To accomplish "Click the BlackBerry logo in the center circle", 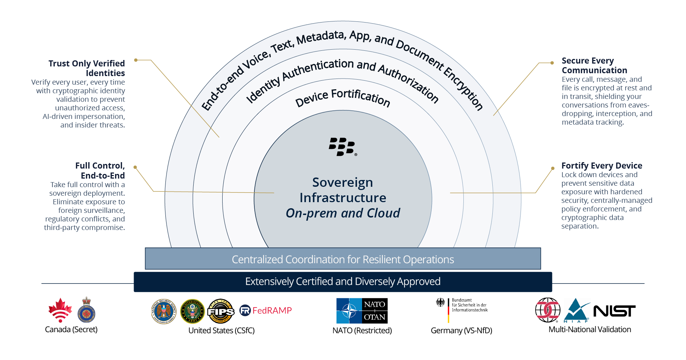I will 342,147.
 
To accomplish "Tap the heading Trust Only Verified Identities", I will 87,68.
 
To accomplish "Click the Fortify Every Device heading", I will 602,166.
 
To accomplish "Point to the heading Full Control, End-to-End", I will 100,171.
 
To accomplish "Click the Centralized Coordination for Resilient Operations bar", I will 343,259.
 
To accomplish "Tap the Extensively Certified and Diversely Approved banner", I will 343,282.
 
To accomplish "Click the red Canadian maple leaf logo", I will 60,310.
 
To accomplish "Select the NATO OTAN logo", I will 362,311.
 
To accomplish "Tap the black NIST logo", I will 614,311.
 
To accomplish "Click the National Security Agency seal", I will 164,311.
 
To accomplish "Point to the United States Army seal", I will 192,311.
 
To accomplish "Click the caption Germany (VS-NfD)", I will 461,331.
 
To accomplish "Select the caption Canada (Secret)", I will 71,330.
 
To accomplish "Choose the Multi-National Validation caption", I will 590,330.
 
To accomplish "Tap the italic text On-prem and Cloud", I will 343,213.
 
